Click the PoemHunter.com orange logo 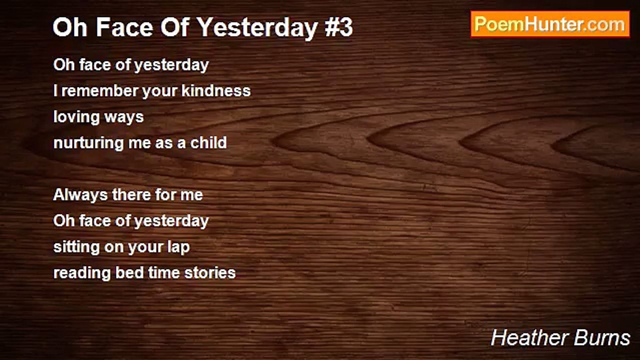550,24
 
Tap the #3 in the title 338,27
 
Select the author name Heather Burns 560,337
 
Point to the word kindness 216,90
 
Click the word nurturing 88,143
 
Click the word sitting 76,247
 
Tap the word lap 178,247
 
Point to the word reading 81,273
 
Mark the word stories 210,273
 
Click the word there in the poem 130,195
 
